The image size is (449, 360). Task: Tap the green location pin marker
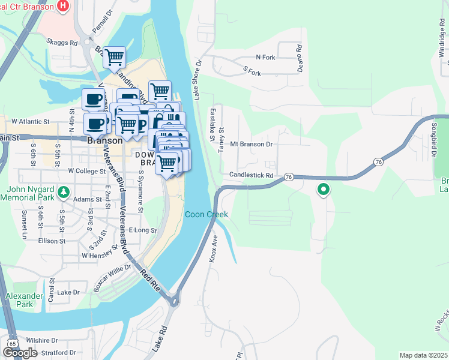click(324, 191)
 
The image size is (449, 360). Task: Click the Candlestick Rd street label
click(250, 175)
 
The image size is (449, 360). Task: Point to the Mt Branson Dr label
click(252, 145)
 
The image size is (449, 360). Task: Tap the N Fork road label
click(264, 58)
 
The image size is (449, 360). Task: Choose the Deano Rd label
click(299, 58)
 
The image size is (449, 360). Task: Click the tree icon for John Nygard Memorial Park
click(64, 193)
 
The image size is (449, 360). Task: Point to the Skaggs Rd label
click(62, 43)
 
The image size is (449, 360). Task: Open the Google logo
click(20, 353)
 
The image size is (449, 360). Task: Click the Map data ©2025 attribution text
click(423, 355)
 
